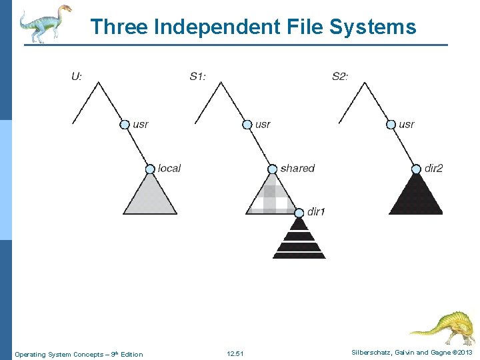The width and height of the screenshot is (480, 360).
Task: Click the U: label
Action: pyautogui.click(x=77, y=76)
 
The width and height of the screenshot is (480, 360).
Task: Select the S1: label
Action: pyautogui.click(x=198, y=76)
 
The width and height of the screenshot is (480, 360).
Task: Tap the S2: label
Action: pyautogui.click(x=340, y=76)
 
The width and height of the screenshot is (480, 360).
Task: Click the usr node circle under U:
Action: pyautogui.click(x=125, y=124)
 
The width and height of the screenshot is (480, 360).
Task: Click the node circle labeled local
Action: pyautogui.click(x=151, y=169)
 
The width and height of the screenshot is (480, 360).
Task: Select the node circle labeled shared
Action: pyautogui.click(x=273, y=169)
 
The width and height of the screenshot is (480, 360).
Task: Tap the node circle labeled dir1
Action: pyautogui.click(x=299, y=212)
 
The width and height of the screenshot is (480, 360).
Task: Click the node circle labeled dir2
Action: pyautogui.click(x=417, y=169)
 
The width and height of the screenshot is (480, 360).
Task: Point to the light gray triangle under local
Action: pyautogui.click(x=151, y=197)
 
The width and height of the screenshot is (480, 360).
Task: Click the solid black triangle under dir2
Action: pyautogui.click(x=416, y=197)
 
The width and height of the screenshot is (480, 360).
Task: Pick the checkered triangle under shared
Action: pyautogui.click(x=270, y=197)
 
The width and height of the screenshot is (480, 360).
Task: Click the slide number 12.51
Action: pyautogui.click(x=235, y=354)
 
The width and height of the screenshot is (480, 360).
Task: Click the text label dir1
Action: pyautogui.click(x=316, y=212)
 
